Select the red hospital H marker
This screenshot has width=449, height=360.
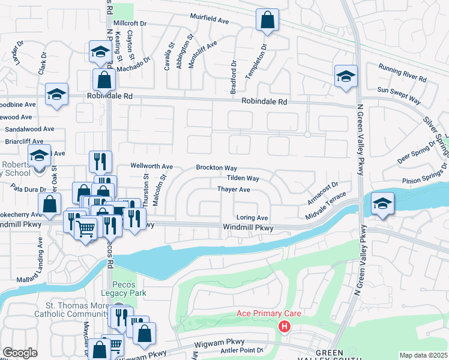[285, 326]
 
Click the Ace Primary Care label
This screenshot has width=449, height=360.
[268, 314]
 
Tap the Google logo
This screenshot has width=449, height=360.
[20, 353]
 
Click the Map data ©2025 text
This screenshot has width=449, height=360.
[423, 355]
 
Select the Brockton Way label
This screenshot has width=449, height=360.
[216, 168]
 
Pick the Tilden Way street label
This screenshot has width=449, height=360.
[243, 178]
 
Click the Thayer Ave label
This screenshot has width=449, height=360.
[234, 189]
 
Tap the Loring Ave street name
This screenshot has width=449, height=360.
[252, 217]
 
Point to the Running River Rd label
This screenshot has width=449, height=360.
[402, 73]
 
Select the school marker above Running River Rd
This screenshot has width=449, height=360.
[346, 76]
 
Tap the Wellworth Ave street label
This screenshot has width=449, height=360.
[152, 166]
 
